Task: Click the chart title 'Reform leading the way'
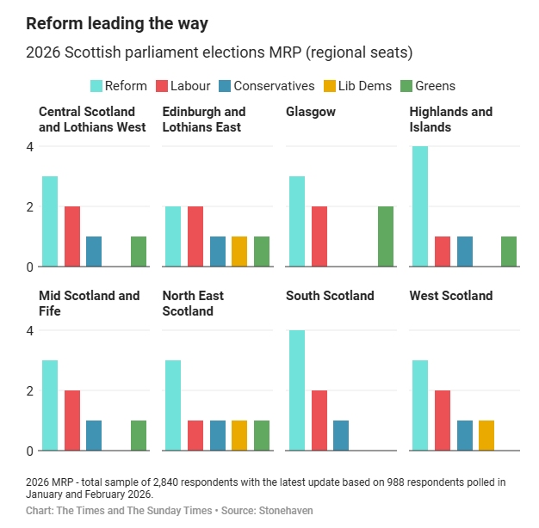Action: [116, 23]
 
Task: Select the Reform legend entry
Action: [119, 86]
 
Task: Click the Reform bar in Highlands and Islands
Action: [420, 206]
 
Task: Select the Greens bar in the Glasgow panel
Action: [385, 236]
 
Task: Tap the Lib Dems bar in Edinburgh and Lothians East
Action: [239, 251]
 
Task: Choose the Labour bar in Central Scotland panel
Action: [72, 236]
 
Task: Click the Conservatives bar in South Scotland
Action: [341, 435]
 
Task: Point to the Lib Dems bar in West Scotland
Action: [486, 435]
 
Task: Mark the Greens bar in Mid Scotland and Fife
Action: [139, 435]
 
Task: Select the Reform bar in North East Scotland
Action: [173, 405]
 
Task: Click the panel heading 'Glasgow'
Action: [311, 112]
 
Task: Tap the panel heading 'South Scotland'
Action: [330, 296]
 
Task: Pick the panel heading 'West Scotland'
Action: [451, 296]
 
